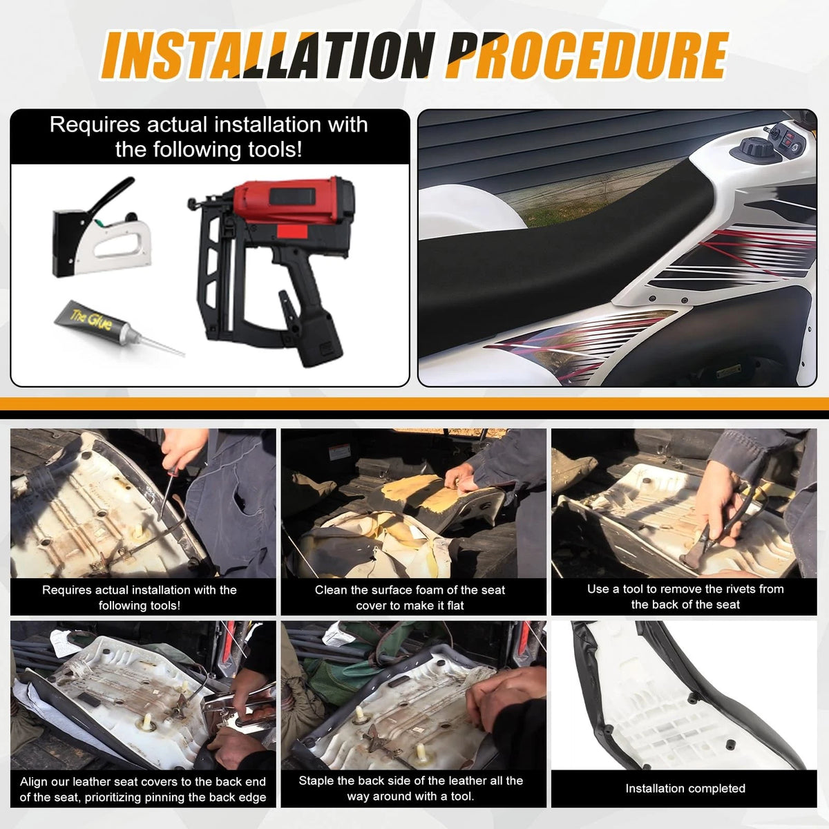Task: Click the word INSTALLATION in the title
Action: (265, 55)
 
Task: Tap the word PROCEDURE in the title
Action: (587, 55)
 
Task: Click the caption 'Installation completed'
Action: (685, 788)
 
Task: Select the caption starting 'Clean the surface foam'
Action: (410, 598)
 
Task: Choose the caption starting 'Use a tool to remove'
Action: (685, 597)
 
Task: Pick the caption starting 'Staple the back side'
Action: (410, 788)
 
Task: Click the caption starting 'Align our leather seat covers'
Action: (143, 789)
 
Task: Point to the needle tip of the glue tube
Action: (184, 355)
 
